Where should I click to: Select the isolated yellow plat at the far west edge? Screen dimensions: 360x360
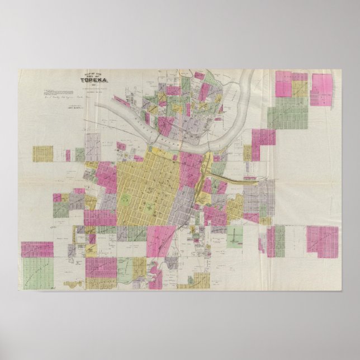coord(42,154)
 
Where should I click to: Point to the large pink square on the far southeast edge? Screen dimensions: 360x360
coord(323,241)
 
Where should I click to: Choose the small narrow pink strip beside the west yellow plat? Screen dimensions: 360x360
coord(68,155)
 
